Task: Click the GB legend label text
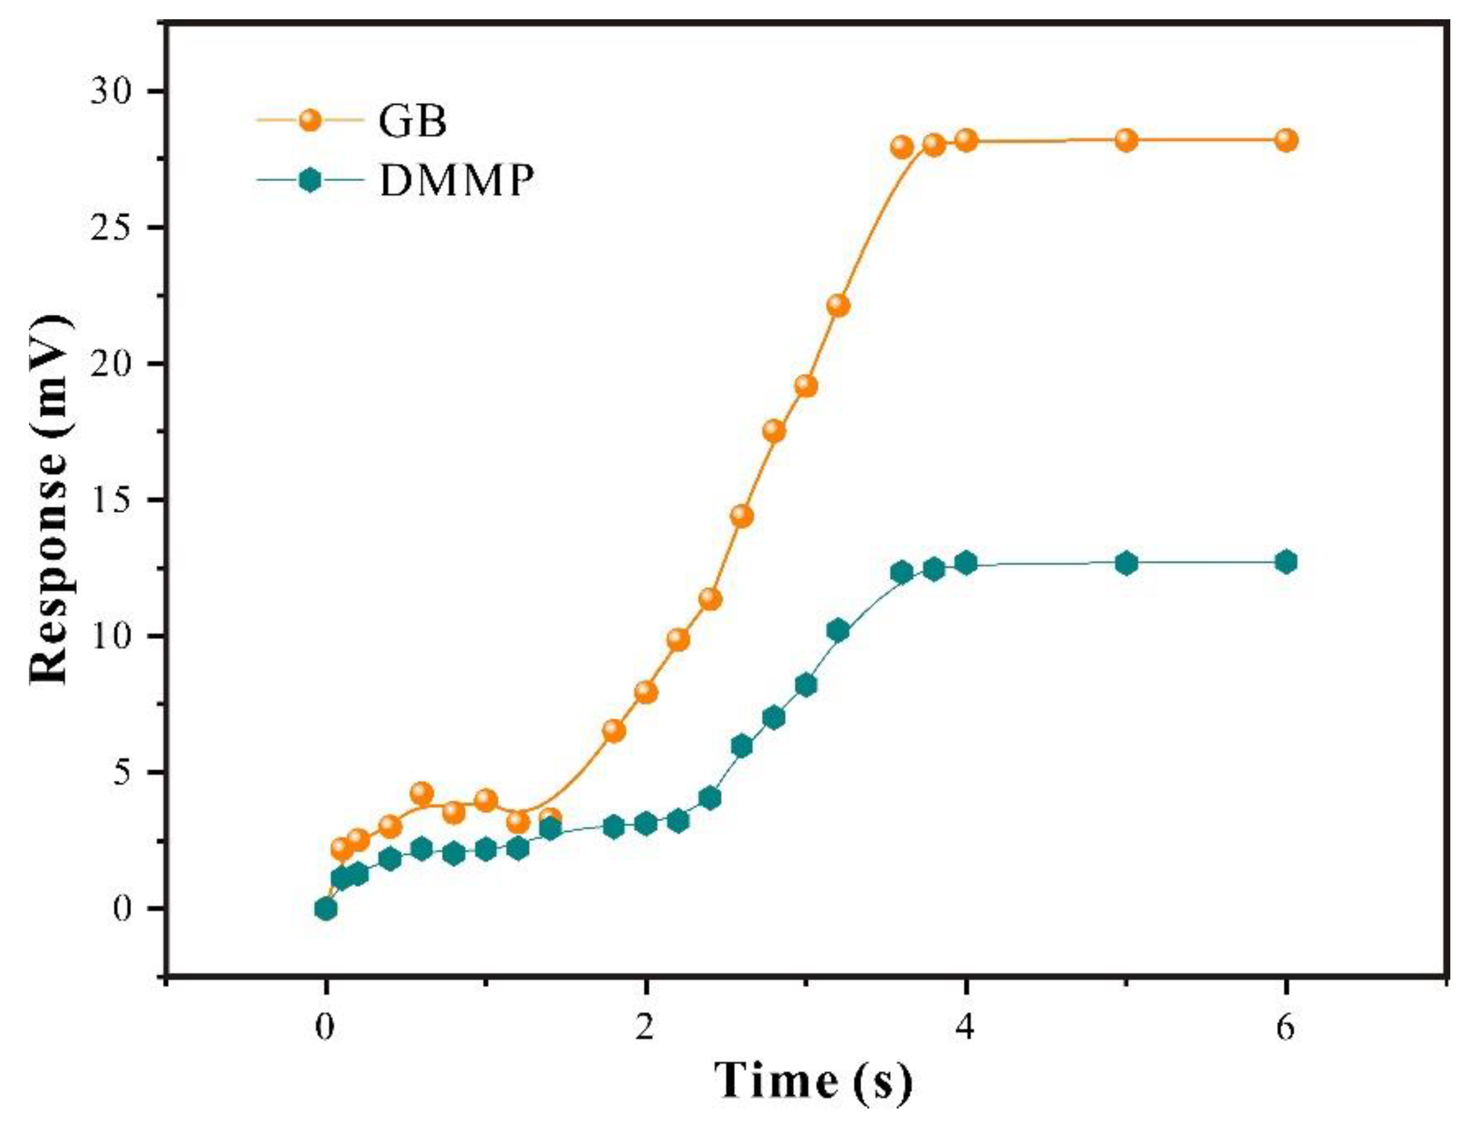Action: tap(412, 122)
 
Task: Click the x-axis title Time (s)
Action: tap(814, 1080)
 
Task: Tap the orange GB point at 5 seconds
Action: tap(1125, 140)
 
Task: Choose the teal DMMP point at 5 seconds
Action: tap(1125, 563)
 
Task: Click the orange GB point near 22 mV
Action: tap(838, 306)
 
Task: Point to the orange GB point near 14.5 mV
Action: tap(742, 516)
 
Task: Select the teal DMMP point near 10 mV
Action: tap(838, 631)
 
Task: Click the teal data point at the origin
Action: tap(326, 909)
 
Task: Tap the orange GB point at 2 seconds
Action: tap(645, 692)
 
